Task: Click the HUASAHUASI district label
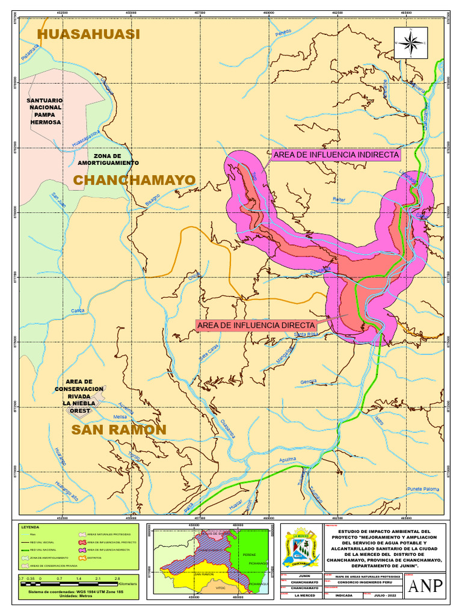pyautogui.click(x=88, y=34)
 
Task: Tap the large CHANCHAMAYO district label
pyautogui.click(x=134, y=180)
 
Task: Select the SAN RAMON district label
pyautogui.click(x=119, y=430)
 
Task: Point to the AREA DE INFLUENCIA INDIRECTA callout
pyautogui.click(x=336, y=155)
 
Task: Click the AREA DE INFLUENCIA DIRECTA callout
pyautogui.click(x=256, y=325)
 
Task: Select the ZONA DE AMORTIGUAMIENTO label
pyautogui.click(x=108, y=159)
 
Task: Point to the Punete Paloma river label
pyautogui.click(x=423, y=489)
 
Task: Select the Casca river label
pyautogui.click(x=78, y=310)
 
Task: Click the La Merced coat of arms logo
pyautogui.click(x=300, y=547)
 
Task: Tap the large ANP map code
pyautogui.click(x=425, y=586)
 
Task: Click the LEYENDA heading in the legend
pyautogui.click(x=31, y=527)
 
